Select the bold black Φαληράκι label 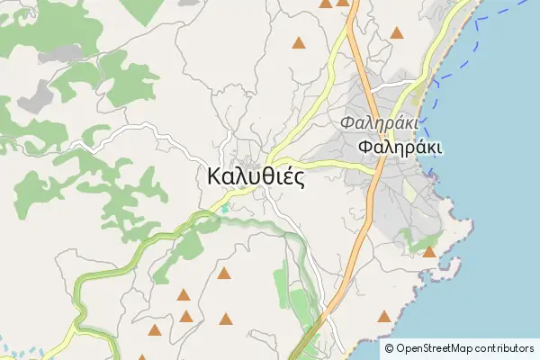399,148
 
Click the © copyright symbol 389,348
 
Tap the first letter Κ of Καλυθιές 214,176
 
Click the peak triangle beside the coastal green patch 429,252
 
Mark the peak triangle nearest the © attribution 384,316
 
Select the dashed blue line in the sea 450,72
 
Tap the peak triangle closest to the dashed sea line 397,33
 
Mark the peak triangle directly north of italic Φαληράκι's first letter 343,3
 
